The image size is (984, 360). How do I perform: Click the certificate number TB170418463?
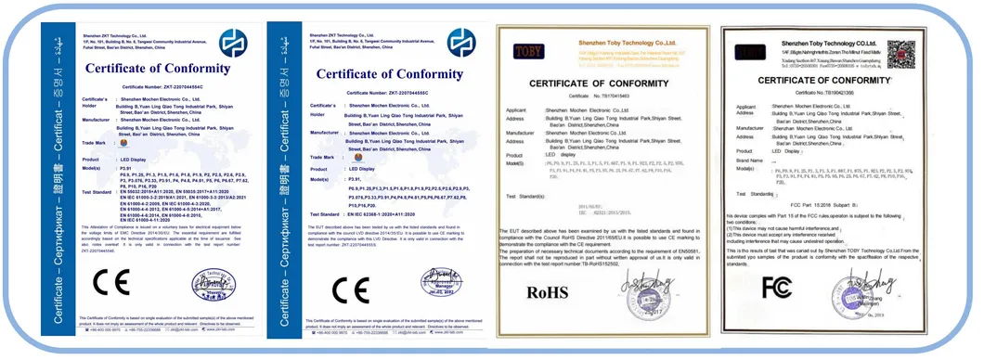[618, 96]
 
